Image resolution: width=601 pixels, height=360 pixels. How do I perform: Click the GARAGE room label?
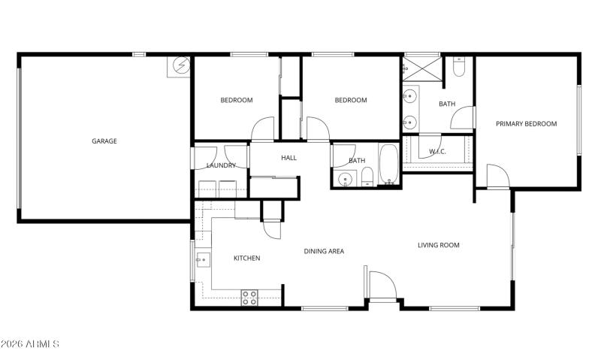(104, 141)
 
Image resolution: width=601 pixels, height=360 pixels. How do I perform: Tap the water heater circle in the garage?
(180, 66)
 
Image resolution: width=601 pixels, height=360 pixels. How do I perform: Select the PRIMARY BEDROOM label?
(526, 124)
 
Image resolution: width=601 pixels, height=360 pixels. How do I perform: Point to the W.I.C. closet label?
(437, 152)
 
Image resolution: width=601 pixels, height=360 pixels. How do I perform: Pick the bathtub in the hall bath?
(389, 163)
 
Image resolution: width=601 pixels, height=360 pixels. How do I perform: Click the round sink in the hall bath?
(346, 179)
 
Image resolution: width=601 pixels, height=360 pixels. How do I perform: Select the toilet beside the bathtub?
(367, 177)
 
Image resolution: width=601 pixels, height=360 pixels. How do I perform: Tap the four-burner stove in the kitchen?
(249, 297)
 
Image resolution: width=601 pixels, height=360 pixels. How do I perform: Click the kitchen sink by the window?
(202, 261)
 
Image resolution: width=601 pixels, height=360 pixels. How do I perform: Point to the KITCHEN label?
(246, 259)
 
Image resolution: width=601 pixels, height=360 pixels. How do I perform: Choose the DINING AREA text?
(324, 251)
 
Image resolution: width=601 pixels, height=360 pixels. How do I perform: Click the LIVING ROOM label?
(439, 245)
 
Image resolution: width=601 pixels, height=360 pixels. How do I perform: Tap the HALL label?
(289, 158)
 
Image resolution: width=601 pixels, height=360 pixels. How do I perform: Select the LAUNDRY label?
(221, 165)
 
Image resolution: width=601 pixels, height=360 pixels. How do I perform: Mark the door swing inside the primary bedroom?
(497, 177)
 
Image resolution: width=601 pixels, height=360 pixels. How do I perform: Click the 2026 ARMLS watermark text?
(30, 343)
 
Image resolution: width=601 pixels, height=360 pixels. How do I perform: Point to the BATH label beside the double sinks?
(447, 104)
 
